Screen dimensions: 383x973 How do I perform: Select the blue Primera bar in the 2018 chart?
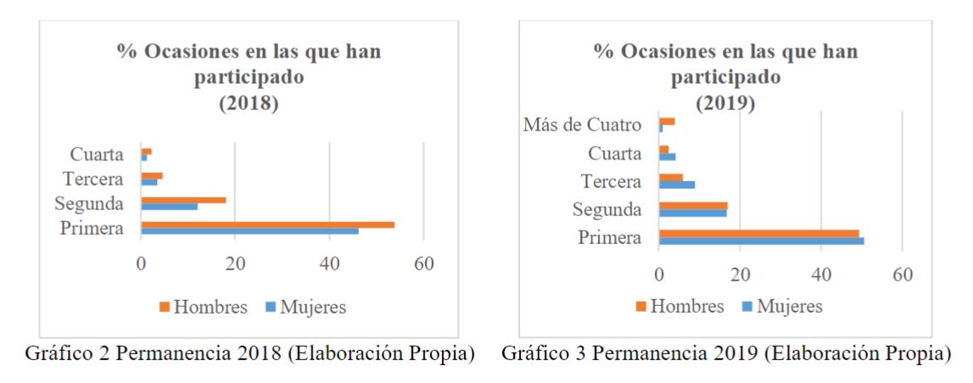point(249,230)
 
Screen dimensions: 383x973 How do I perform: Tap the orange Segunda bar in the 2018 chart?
point(183,200)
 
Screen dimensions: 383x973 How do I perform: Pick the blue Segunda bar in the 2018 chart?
point(169,206)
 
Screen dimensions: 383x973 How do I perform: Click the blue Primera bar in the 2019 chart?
point(761,241)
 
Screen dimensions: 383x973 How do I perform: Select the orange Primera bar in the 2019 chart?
point(758,233)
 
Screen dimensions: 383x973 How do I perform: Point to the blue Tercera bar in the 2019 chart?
point(677,184)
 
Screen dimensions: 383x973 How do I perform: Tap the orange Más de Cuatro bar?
point(667,121)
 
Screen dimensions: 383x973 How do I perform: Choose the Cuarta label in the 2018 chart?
point(98,155)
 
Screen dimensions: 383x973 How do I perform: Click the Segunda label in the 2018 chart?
point(89,204)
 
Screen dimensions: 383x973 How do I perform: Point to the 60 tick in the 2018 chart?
point(423,264)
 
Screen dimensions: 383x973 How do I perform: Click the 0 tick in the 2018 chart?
point(141,264)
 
